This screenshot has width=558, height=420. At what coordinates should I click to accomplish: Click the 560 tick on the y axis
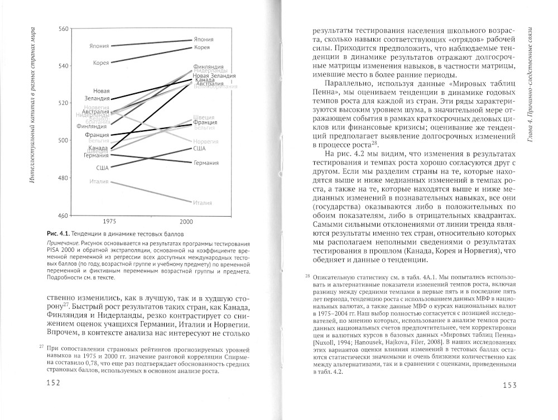(62, 28)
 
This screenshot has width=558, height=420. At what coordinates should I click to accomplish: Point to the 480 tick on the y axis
(62, 178)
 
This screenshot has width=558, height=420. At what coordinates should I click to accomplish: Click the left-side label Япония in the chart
(99, 46)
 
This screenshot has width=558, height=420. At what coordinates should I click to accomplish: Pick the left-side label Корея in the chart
(101, 63)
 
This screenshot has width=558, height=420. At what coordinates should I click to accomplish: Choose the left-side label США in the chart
(102, 168)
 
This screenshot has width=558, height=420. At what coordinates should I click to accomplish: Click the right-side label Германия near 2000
(206, 163)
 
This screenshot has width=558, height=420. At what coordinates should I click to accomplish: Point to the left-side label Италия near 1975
(99, 182)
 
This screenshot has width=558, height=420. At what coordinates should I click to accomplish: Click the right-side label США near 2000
(199, 149)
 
